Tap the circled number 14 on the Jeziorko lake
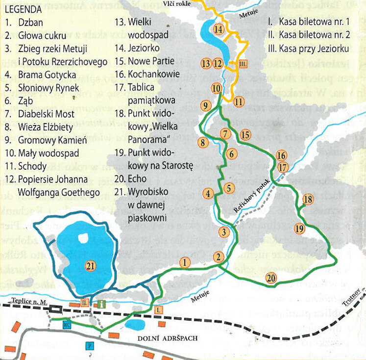[x=219, y=29]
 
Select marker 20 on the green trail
[x=271, y=278]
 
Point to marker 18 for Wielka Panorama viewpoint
[x=308, y=199]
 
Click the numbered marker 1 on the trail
[x=184, y=262]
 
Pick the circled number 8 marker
[x=201, y=143]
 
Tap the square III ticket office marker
[x=244, y=63]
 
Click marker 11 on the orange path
[x=239, y=102]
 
